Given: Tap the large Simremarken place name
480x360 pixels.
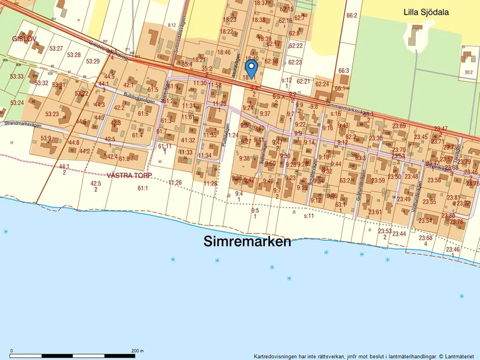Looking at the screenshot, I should click(247, 242).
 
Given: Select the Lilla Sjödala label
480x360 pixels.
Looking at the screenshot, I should click(430, 11).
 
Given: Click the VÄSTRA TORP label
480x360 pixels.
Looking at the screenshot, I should click(129, 175).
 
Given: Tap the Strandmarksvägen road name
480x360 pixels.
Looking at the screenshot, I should click(27, 123).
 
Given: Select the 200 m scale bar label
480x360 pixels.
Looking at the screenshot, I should click(137, 351).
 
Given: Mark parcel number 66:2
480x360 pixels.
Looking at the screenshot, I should click(351, 16).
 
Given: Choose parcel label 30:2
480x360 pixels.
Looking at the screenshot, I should click(469, 73).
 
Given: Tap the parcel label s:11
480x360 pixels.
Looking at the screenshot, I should click(309, 216).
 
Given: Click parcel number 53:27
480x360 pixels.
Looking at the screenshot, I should click(56, 48).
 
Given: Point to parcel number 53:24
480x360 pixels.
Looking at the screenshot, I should click(17, 103).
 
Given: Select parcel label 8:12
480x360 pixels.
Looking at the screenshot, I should click(172, 25).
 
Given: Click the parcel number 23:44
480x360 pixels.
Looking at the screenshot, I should click(399, 234).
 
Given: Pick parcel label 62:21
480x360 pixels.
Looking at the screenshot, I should click(303, 81).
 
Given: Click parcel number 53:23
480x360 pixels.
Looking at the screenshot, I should click(52, 114).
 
